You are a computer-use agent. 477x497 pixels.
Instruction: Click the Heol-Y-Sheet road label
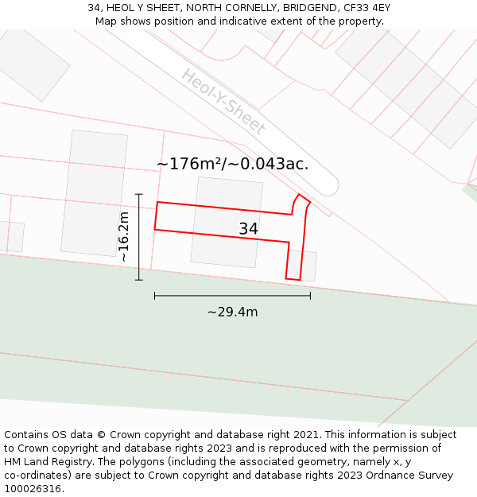pos(223,102)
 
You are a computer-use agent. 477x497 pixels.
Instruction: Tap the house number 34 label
pos(249,229)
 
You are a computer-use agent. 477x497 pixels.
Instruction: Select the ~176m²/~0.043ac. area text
pos(232,165)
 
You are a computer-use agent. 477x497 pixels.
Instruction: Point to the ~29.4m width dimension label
pos(232,312)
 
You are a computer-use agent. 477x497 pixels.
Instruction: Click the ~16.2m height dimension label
pos(123,237)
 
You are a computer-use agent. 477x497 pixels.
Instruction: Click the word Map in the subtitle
pos(107,21)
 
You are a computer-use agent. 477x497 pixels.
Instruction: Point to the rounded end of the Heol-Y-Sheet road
pos(328,186)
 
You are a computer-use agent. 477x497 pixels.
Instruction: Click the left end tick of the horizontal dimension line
pos(155,296)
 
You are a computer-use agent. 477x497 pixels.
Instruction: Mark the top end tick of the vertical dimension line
pos(139,194)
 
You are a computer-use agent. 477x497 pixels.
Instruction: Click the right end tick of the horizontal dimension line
pos(310,296)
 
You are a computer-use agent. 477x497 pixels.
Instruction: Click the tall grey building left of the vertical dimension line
pos(94,193)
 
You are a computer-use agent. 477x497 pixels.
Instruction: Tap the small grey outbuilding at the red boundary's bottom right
pos(308,266)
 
